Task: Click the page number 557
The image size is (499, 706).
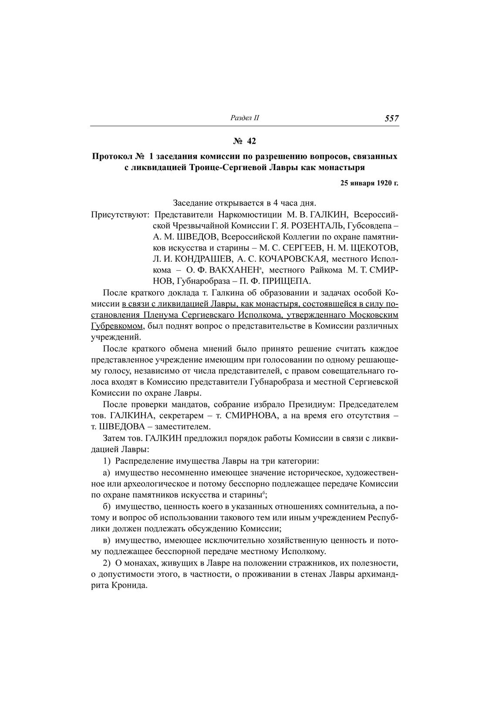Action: coord(391,118)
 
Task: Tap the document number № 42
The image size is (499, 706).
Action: coord(245,141)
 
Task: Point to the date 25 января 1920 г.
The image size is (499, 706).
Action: coord(369,183)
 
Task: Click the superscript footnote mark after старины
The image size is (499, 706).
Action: coord(264,492)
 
